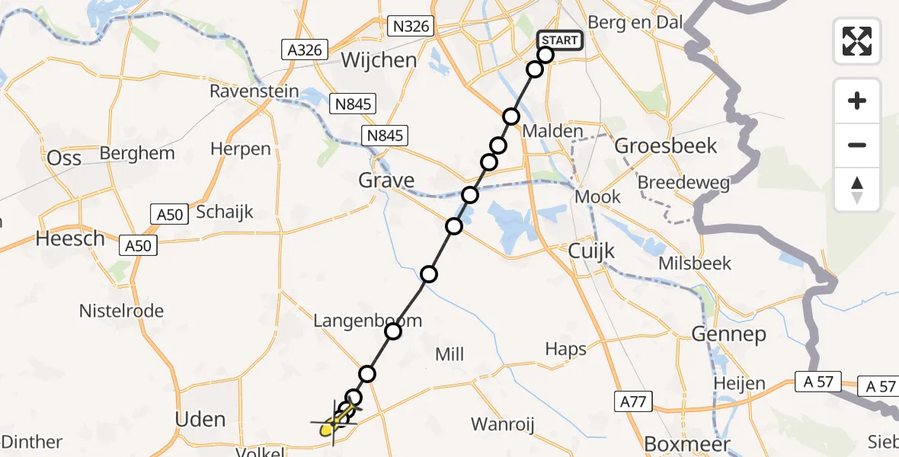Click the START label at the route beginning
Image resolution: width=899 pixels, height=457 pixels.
560,40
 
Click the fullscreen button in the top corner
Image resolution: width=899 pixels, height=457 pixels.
857,40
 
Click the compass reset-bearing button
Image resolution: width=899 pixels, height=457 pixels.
857,190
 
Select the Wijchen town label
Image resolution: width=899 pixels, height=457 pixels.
379,60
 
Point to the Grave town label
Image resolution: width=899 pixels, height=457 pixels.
388,181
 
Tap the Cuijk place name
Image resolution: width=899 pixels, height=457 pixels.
591,251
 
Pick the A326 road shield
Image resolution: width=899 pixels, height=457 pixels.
304,50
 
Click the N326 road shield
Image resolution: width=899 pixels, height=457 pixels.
411,27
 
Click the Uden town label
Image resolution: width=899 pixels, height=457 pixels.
200,419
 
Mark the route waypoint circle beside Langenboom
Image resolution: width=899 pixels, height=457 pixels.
393,331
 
